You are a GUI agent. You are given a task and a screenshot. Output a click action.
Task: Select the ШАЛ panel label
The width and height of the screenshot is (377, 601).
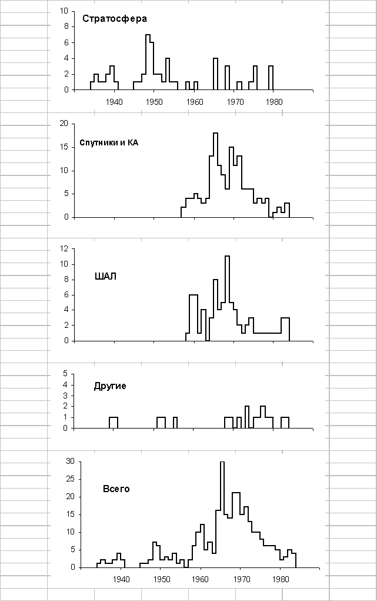click(x=106, y=276)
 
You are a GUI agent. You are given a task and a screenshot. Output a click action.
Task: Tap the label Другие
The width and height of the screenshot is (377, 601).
click(x=110, y=386)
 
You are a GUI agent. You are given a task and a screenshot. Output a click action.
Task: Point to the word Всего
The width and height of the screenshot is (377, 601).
click(x=116, y=489)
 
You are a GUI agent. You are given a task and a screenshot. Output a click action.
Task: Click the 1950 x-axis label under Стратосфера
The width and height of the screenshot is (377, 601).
click(x=154, y=101)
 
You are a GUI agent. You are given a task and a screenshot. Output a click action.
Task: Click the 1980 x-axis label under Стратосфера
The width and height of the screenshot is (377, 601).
click(x=274, y=101)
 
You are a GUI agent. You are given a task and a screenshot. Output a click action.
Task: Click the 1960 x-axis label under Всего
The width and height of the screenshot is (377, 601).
click(x=201, y=579)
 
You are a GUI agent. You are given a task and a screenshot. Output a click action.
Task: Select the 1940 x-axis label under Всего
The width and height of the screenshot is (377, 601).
click(x=122, y=579)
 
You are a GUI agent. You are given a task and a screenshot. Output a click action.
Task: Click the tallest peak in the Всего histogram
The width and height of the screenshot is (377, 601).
click(x=222, y=463)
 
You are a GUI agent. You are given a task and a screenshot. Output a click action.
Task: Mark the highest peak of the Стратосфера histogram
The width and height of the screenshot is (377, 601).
click(x=148, y=36)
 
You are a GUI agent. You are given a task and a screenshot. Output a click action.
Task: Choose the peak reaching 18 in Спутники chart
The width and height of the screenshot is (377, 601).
click(x=215, y=134)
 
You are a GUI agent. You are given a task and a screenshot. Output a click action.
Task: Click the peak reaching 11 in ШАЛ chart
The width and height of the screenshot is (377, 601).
click(x=227, y=257)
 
